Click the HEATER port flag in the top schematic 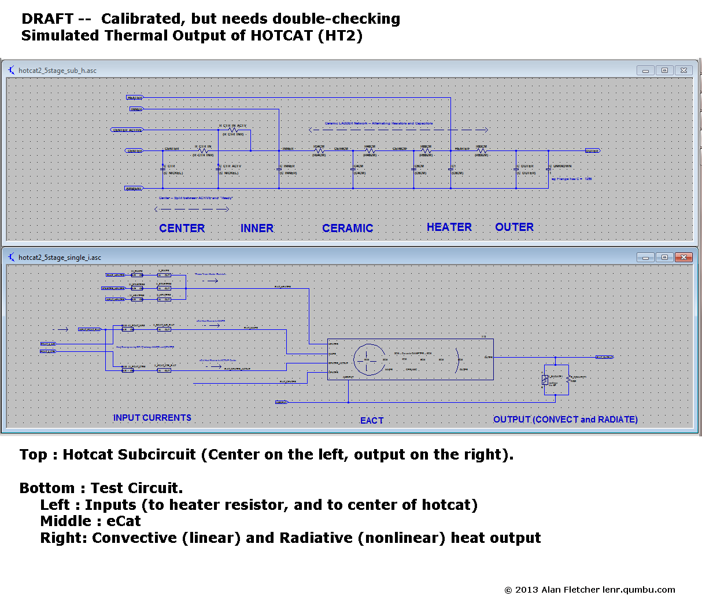134,98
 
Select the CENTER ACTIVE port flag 127,130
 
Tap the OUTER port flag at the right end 592,150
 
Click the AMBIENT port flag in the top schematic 134,188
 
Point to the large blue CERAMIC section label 348,229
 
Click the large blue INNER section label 257,229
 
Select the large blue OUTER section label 514,227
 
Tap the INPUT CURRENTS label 152,418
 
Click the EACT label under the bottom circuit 372,421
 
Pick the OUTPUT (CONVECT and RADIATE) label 565,420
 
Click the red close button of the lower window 683,257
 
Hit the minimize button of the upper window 645,71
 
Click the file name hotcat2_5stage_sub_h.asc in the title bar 57,71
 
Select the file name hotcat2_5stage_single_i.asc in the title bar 60,258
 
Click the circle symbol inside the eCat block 369,359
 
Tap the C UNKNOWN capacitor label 560,166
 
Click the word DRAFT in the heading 47,19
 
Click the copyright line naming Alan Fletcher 589,590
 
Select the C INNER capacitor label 288,166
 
